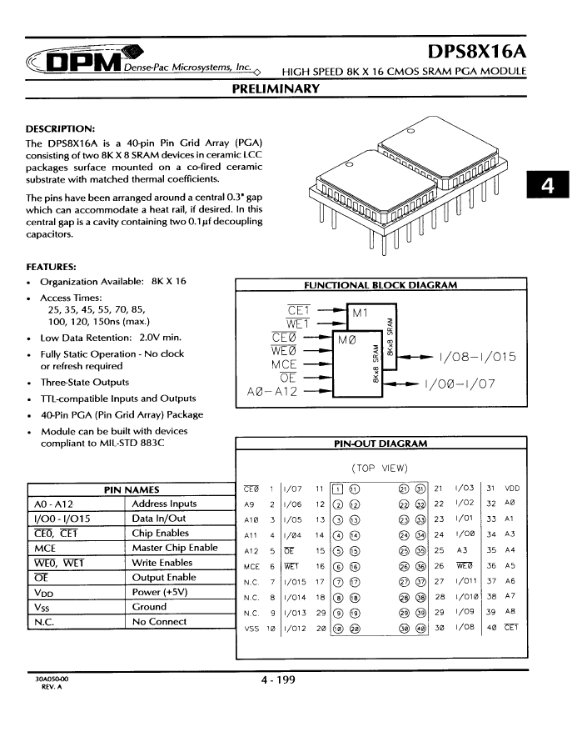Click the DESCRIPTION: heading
point(61,129)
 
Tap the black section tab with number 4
point(546,186)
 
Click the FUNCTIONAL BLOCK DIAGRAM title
point(381,285)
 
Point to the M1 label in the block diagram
point(361,313)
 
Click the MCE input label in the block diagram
point(285,364)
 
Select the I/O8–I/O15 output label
point(477,358)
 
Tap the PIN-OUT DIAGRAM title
point(381,444)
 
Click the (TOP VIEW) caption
point(380,469)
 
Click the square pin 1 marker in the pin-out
point(337,489)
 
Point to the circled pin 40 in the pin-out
point(420,629)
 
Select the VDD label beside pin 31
point(513,489)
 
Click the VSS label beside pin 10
point(251,629)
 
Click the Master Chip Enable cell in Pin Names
point(175,548)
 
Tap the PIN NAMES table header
point(132,489)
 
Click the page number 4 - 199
point(277,680)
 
